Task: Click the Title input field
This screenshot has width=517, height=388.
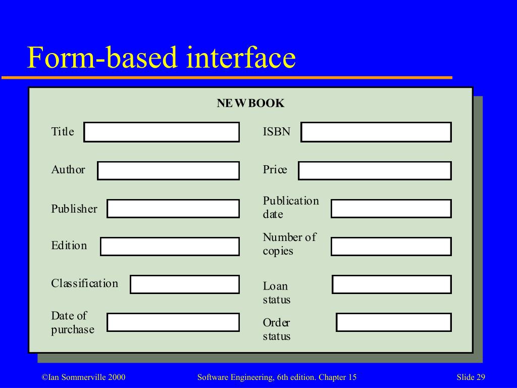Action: pos(162,132)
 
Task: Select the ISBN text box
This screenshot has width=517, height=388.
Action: pos(376,132)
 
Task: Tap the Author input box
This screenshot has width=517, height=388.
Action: pos(168,171)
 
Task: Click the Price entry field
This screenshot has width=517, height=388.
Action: pos(375,171)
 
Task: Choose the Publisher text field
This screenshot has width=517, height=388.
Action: pos(173,209)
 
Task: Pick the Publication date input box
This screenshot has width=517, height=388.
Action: pos(391,209)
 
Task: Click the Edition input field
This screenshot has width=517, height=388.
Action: pos(170,247)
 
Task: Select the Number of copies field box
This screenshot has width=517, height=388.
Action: pos(391,247)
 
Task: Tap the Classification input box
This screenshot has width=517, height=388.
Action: pos(185,284)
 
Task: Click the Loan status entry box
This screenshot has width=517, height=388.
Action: pos(392,284)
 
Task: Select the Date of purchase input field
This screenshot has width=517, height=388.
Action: pos(173,322)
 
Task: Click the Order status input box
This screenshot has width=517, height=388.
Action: pos(394,322)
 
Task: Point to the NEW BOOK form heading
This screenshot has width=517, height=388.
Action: pos(250,104)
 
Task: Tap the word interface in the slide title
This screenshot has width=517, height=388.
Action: pos(240,58)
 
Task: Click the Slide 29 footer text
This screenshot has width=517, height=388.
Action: pos(471,377)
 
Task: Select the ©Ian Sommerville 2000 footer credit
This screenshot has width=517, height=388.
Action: pos(83,377)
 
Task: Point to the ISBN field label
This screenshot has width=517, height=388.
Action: pos(276,132)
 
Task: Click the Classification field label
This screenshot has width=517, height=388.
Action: pos(84,283)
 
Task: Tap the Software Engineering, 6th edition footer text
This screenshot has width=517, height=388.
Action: pos(277,377)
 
